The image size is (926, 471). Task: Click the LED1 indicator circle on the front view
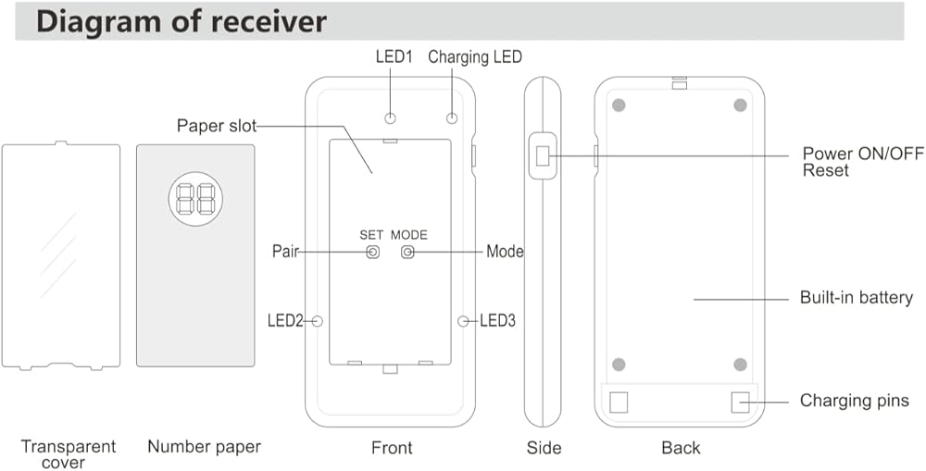(391, 118)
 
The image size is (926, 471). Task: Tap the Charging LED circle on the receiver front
(452, 118)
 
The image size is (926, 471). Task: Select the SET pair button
(373, 252)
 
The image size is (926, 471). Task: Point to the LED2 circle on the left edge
(317, 321)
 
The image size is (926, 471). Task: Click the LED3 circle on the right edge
(464, 321)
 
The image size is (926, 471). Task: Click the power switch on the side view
(543, 155)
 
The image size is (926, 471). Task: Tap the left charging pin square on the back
(618, 402)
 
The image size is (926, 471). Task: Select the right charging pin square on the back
(741, 402)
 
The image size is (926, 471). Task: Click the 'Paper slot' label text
(216, 126)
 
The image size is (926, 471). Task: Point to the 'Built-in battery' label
(857, 298)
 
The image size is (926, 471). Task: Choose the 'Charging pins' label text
(855, 401)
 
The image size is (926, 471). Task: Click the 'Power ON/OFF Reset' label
(857, 162)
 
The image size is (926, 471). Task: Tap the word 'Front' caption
(392, 448)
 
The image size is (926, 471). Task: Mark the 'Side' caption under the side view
(544, 448)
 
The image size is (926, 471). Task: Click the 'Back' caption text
(681, 448)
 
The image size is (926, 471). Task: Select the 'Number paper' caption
(204, 447)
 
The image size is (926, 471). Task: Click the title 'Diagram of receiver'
(181, 21)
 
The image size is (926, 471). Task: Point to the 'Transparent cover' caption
(69, 454)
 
